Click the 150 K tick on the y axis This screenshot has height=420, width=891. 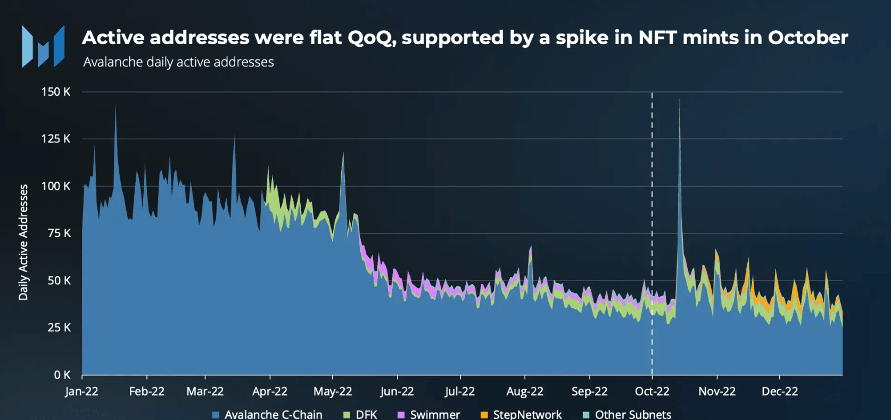(56, 92)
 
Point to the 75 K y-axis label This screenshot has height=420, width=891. (59, 233)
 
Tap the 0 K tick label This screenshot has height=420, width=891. (62, 375)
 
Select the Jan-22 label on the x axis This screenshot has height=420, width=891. (81, 392)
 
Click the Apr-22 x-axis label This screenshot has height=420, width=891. (270, 392)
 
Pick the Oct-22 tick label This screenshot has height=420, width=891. (652, 392)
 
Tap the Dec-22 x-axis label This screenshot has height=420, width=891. (780, 392)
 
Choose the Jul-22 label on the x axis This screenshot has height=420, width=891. (460, 392)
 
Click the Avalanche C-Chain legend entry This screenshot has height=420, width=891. (273, 415)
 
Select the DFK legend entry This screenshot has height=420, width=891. (366, 415)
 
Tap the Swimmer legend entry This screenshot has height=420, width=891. (434, 415)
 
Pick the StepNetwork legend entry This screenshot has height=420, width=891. (527, 415)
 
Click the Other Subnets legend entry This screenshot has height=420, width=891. (633, 415)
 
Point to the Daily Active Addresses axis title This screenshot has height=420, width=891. (23, 242)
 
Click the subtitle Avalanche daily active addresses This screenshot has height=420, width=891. (178, 62)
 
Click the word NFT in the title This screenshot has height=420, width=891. (657, 38)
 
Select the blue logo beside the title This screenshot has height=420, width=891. (43, 47)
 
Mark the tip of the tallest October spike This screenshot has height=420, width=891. (680, 98)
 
